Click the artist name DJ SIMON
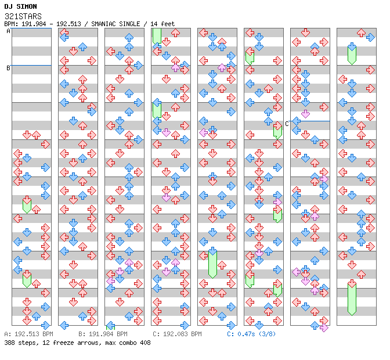(20, 6)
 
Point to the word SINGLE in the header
(128, 24)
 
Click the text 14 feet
(162, 24)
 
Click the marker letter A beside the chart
(8, 31)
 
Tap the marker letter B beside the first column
(8, 68)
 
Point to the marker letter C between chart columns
(287, 124)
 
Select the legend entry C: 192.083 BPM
(177, 334)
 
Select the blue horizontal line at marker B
(31, 66)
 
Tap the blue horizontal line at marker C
(310, 121)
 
